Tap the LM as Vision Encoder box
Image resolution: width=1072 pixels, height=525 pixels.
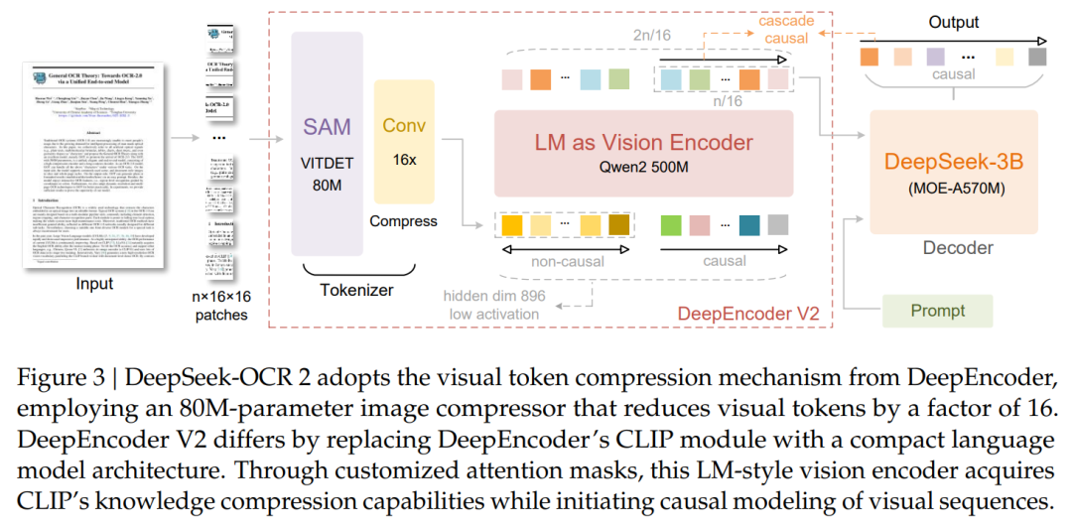pyautogui.click(x=643, y=152)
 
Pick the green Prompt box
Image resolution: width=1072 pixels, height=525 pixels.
pyautogui.click(x=937, y=311)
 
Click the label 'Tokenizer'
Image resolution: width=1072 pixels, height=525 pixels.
pyautogui.click(x=356, y=290)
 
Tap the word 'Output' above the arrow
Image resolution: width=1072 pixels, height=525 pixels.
pyautogui.click(x=953, y=22)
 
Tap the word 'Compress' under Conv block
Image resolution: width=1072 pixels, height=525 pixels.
pyautogui.click(x=403, y=220)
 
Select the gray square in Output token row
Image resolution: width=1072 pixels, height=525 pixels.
pyautogui.click(x=1037, y=57)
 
